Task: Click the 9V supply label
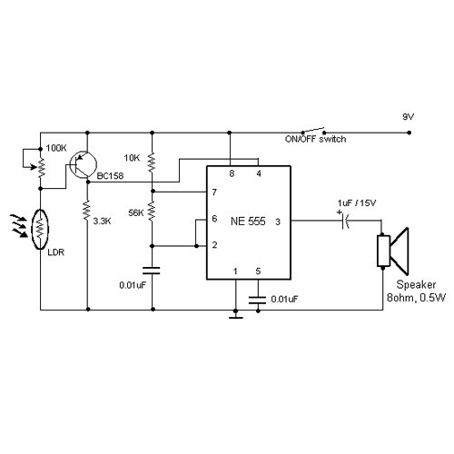tap(409, 118)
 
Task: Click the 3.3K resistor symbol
tap(86, 212)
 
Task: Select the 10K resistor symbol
tap(152, 162)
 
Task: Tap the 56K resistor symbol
tap(152, 213)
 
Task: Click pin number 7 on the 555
tap(213, 192)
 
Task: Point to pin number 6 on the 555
tap(213, 219)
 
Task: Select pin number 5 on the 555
tap(258, 271)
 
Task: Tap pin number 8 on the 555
tap(232, 173)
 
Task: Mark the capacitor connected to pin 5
tap(258, 296)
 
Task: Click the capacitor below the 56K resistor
tap(152, 270)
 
